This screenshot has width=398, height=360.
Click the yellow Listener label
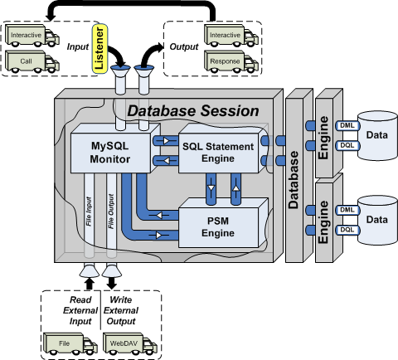[x=99, y=49]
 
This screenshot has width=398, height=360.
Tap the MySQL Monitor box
[x=110, y=153]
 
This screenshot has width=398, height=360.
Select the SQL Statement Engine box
[x=218, y=153]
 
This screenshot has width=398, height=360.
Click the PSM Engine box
[x=218, y=227]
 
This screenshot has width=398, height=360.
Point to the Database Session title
[x=193, y=111]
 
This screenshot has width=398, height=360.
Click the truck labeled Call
[x=32, y=61]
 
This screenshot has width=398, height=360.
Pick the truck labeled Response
[x=231, y=61]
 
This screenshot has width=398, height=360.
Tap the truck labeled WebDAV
[x=130, y=343]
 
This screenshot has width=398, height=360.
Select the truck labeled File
[x=70, y=343]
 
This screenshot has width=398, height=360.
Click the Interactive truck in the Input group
[x=32, y=36]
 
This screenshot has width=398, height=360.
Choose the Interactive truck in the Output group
[x=231, y=36]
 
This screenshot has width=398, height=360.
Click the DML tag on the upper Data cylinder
[x=347, y=125]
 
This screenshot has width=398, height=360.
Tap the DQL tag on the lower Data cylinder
[x=347, y=230]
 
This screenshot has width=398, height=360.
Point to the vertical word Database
[x=294, y=180]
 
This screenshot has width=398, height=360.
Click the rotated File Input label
[x=89, y=212]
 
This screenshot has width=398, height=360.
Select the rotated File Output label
[x=111, y=212]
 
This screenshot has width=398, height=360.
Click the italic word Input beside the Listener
[x=78, y=46]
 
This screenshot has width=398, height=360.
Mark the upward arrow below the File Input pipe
[x=89, y=284]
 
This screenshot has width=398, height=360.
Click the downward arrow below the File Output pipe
[x=111, y=283]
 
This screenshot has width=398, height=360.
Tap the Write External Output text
[x=121, y=310]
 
